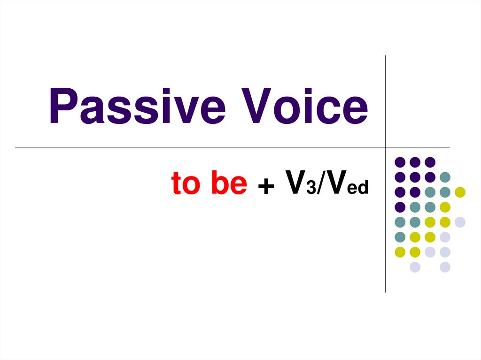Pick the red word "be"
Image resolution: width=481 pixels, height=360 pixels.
[x=228, y=184]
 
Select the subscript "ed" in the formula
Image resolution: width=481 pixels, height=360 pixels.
[x=358, y=189]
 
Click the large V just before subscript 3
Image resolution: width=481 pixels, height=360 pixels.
[x=294, y=183]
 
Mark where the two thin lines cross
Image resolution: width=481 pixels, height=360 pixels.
[x=385, y=147]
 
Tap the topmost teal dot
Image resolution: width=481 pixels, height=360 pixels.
[x=445, y=177]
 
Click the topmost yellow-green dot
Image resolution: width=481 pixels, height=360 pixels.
[x=460, y=191]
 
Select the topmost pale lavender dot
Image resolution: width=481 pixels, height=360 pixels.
[x=460, y=222]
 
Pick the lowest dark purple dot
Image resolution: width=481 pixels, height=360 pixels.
[x=400, y=207]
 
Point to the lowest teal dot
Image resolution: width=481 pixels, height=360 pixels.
[x=400, y=237]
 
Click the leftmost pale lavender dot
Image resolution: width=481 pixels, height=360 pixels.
[x=415, y=267]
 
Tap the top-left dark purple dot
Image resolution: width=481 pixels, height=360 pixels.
[x=400, y=162]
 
